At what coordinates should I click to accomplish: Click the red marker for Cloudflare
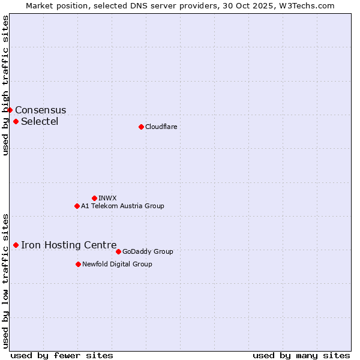pyautogui.click(x=141, y=127)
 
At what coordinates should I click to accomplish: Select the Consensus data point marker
pyautogui.click(x=10, y=110)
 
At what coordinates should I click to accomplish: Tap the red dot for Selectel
pyautogui.click(x=16, y=121)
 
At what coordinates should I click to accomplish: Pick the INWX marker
pyautogui.click(x=94, y=198)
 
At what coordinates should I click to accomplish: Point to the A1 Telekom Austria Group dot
pyautogui.click(x=77, y=206)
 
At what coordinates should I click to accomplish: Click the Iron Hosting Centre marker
pyautogui.click(x=16, y=245)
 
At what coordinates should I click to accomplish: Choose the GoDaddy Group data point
pyautogui.click(x=118, y=251)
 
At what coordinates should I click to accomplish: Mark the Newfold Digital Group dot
pyautogui.click(x=78, y=264)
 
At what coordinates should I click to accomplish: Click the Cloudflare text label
pyautogui.click(x=161, y=127)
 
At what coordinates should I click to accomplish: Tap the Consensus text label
pyautogui.click(x=41, y=110)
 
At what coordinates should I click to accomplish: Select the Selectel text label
pyautogui.click(x=40, y=122)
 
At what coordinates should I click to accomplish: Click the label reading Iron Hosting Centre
pyautogui.click(x=68, y=245)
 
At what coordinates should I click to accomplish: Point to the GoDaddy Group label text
pyautogui.click(x=148, y=252)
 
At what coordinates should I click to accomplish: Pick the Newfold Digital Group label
pyautogui.click(x=117, y=264)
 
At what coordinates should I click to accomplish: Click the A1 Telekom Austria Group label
pyautogui.click(x=122, y=206)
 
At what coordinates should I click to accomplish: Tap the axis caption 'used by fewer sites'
pyautogui.click(x=62, y=355)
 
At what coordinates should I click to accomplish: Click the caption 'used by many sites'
pyautogui.click(x=301, y=355)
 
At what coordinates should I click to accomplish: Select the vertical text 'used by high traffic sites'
pyautogui.click(x=5, y=85)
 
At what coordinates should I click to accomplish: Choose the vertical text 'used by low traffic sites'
pyautogui.click(x=5, y=281)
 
